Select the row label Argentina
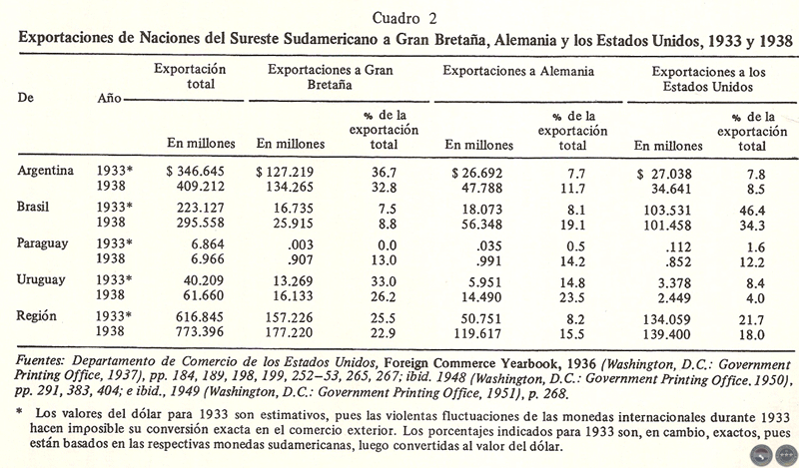[x=46, y=171]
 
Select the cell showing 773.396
[x=196, y=330]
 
